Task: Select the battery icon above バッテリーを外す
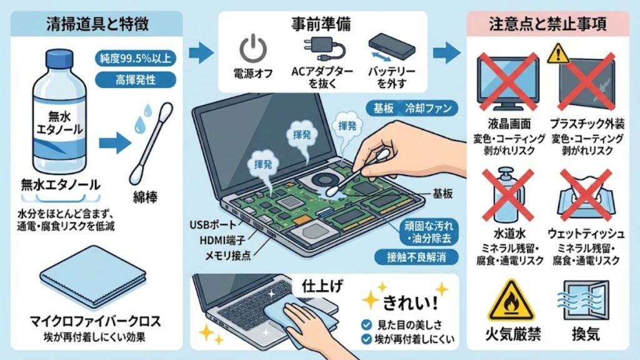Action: tap(392, 46)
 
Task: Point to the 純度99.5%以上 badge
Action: tap(134, 60)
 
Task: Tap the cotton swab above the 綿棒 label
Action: tap(152, 142)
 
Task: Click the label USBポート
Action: tap(212, 223)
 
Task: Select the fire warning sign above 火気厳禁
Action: tap(511, 299)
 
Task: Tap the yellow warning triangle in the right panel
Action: tap(556, 54)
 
